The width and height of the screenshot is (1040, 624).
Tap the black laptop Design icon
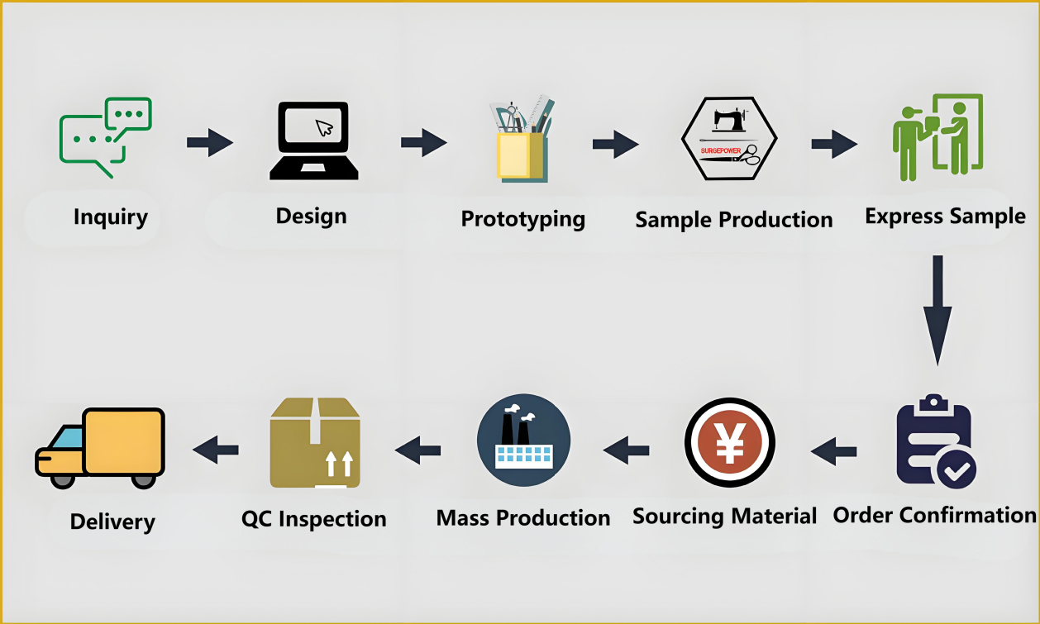(x=314, y=141)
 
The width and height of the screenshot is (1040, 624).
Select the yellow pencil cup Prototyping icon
(x=522, y=141)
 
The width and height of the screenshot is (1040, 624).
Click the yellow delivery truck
(x=99, y=445)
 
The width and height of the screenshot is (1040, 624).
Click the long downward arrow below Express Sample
(x=937, y=310)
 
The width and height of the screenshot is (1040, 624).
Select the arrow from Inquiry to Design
(x=209, y=142)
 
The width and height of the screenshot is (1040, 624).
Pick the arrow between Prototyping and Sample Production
(x=615, y=144)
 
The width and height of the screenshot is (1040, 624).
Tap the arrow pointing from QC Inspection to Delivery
(x=216, y=450)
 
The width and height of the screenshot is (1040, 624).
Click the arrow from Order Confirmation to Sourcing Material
(x=833, y=451)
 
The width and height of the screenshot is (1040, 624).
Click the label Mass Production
(x=523, y=518)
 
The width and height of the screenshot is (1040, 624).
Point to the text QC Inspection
(x=314, y=519)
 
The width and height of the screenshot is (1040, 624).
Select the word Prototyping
(x=523, y=219)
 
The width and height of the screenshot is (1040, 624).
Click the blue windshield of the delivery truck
(x=69, y=438)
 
